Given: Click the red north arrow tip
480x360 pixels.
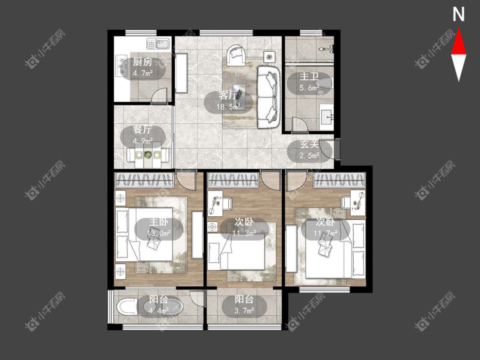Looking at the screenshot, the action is [459, 28].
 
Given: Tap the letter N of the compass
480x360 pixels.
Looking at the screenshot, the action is [459, 14].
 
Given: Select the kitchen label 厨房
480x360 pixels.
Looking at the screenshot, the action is [143, 62].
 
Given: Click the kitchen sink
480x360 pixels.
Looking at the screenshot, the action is [158, 44].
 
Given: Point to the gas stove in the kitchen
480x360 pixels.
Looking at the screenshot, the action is [121, 66].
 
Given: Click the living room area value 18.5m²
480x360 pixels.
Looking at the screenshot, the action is [228, 107].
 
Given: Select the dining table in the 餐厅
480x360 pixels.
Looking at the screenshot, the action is [148, 155].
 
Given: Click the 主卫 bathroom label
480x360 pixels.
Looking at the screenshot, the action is [309, 76].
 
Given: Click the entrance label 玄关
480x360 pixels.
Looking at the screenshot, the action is [309, 144].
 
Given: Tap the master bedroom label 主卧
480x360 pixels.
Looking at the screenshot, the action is [159, 222].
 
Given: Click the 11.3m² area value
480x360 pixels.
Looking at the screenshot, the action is [244, 234].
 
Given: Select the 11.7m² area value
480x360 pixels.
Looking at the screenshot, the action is [326, 234].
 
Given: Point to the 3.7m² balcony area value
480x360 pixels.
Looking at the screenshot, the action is [244, 311].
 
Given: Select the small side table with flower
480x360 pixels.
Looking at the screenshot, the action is [269, 57].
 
